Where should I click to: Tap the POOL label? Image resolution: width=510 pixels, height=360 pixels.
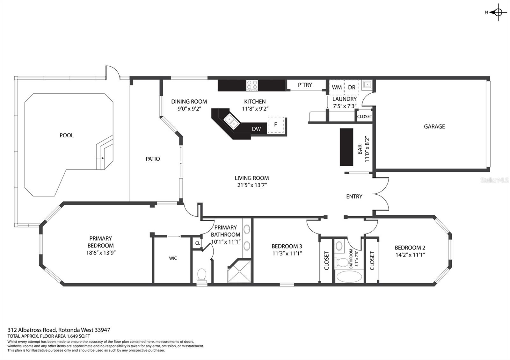pos(67,135)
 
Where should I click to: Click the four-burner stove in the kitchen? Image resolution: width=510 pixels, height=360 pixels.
pos(252,85)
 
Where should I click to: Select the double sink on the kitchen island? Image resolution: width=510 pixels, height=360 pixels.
pos(232,121)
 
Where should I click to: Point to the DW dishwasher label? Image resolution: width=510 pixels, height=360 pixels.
pos(256,129)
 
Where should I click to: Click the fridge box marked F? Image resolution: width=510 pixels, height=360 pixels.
pos(276,125)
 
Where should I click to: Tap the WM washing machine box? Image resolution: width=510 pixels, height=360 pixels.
pos(337,87)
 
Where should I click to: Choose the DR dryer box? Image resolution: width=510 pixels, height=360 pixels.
pos(352,87)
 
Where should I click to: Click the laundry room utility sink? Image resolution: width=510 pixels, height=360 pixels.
pos(367,85)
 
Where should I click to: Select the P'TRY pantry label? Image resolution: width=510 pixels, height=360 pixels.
pos(305,85)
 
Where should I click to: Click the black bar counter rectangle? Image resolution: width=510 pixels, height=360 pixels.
pos(346,147)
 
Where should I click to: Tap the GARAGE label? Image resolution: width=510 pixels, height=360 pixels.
pos(434,126)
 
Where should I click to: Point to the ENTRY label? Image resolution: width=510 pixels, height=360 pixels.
pos(354,196)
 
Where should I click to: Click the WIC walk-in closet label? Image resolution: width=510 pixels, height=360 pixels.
pos(173,258)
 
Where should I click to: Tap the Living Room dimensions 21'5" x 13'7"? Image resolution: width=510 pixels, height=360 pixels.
pos(252,185)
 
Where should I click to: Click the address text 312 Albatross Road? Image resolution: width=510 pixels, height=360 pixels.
pos(32,330)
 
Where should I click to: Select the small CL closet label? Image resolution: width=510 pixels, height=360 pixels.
pos(197,243)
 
